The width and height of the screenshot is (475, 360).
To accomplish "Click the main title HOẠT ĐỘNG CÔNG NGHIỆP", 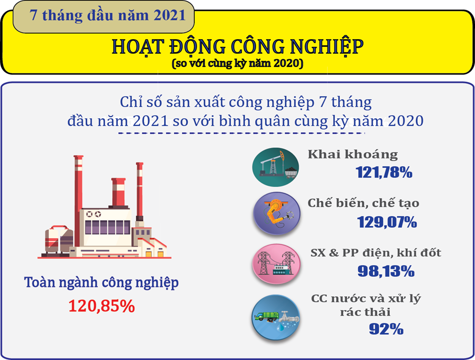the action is click(238, 47).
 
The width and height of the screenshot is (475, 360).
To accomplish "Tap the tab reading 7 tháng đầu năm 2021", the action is click(103, 17).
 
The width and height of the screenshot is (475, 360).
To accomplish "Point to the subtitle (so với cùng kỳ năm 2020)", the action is click(238, 63).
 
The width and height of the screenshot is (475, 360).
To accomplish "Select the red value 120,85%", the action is click(102, 306).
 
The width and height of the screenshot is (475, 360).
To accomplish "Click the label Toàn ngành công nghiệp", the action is click(102, 283).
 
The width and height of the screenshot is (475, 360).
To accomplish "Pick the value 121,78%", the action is click(384, 172).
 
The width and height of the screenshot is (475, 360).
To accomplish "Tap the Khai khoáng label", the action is click(353, 154).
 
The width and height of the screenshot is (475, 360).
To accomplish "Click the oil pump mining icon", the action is click(275, 167).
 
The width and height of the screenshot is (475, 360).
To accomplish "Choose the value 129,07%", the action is click(387, 222).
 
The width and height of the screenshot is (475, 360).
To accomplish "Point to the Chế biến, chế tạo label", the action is click(363, 203).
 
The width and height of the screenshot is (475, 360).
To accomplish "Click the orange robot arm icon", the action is click(277, 214).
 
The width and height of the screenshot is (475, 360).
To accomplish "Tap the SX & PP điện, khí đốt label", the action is click(376, 252).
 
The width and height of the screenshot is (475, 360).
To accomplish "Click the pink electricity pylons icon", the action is click(276, 264).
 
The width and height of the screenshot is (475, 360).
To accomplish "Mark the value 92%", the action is click(386, 329).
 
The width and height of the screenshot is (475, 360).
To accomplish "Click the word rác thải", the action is click(365, 312).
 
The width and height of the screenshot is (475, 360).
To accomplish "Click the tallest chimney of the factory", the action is click(78, 201).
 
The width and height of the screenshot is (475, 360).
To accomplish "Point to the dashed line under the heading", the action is click(242, 133).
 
